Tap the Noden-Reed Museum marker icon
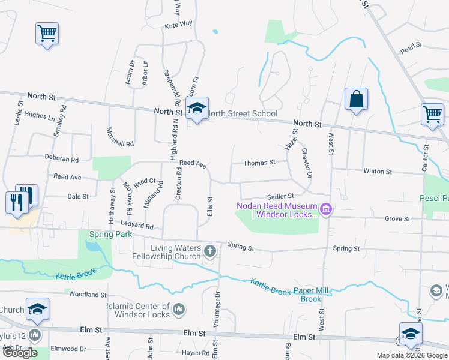327,209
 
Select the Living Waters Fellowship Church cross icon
210,251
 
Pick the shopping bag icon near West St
356,100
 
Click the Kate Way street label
178,24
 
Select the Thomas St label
259,162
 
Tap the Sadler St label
280,196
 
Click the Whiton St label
378,171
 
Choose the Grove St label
397,219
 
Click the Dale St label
78,196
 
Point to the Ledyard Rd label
141,227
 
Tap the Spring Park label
110,235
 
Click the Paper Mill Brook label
312,295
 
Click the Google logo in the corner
20,353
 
